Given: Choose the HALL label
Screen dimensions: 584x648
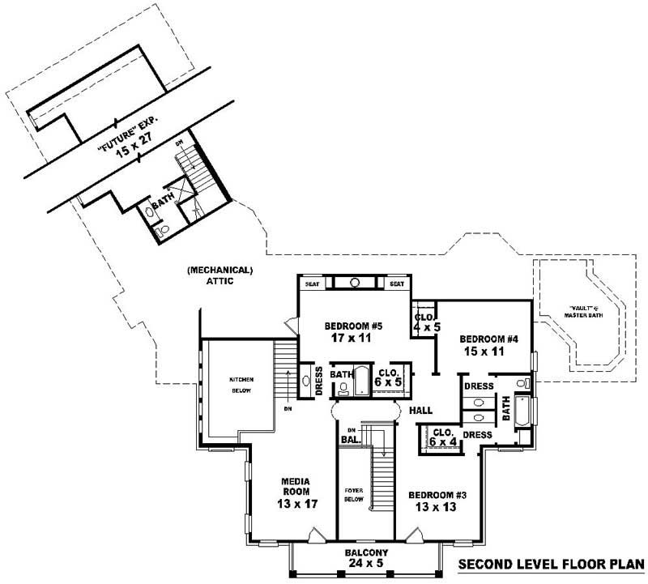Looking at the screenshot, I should click(420, 411).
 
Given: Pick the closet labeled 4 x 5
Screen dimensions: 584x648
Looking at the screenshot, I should click(424, 322).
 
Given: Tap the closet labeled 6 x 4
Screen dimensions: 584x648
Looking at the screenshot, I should click(442, 436).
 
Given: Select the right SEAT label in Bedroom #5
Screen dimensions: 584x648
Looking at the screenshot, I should click(397, 284).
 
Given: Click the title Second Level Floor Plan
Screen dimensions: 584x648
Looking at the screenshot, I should click(550, 565).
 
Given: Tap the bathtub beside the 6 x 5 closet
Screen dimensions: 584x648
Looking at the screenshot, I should click(364, 382).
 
